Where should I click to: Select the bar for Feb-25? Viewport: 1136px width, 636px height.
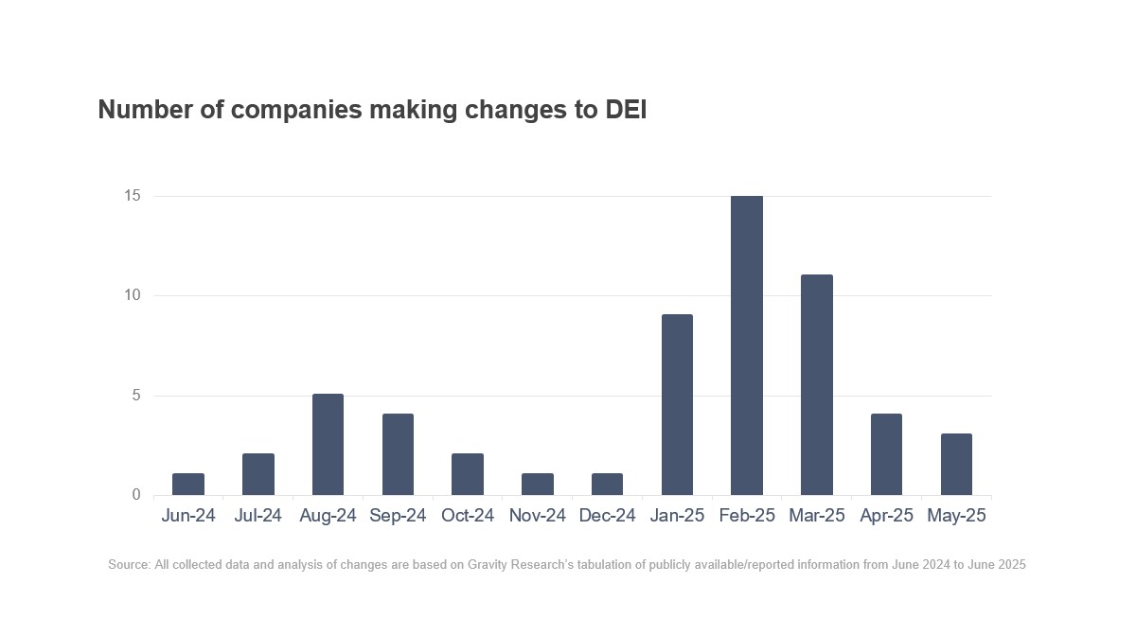click(747, 345)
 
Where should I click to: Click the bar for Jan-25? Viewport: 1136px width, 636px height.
click(677, 405)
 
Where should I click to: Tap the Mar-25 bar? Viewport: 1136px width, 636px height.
click(816, 385)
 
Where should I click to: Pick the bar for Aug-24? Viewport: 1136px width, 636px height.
click(328, 445)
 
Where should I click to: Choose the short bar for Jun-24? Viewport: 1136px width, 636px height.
click(188, 485)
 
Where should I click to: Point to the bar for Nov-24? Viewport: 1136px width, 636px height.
click(538, 485)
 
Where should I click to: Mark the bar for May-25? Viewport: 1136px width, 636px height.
click(956, 465)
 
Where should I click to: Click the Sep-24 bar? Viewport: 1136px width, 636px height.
click(398, 454)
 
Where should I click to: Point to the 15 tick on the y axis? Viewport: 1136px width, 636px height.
click(131, 196)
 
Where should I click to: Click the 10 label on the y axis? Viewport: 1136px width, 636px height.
click(131, 295)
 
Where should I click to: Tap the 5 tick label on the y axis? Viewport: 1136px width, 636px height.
click(135, 396)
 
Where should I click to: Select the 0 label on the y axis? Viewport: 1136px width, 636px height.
click(135, 495)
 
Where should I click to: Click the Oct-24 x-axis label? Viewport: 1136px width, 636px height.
click(468, 516)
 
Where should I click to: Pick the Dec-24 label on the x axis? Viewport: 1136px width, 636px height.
click(607, 516)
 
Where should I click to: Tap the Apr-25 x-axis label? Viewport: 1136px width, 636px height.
click(886, 516)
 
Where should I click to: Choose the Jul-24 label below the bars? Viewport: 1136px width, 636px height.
click(257, 516)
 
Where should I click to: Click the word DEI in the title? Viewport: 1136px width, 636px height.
click(626, 110)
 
